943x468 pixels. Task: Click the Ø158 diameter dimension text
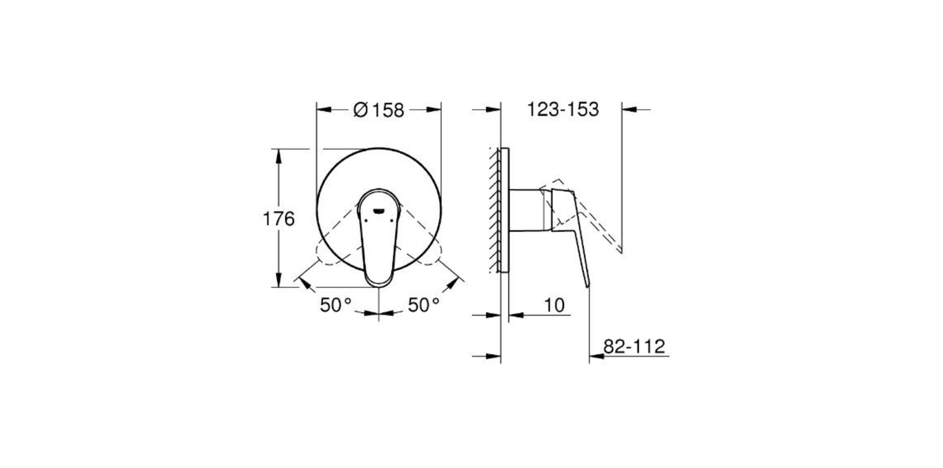378,110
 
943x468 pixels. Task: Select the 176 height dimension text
279,219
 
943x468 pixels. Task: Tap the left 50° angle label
336,305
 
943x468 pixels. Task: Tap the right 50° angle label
423,305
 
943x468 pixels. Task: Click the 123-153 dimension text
562,110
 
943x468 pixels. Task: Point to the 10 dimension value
554,304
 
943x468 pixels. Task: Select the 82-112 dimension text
634,346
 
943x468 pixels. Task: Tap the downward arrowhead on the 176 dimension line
279,281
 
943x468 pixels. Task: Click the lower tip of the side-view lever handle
587,284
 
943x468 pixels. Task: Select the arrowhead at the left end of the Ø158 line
322,108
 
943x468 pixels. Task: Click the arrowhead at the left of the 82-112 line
594,357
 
